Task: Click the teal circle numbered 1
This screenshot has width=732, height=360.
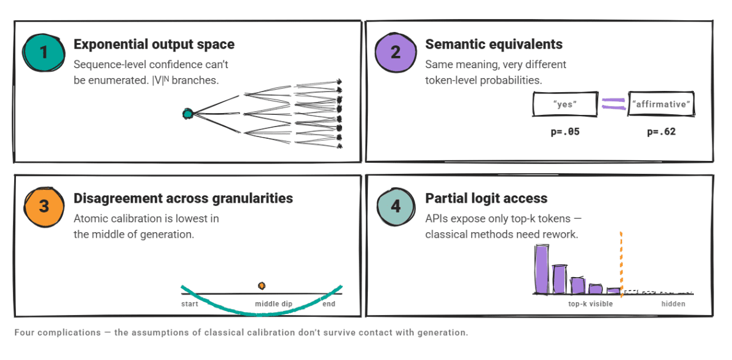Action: (x=44, y=52)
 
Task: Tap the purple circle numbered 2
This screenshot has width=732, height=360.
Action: (x=395, y=52)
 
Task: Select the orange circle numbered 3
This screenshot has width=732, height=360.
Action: (x=44, y=206)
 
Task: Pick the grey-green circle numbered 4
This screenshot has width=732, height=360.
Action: (x=395, y=206)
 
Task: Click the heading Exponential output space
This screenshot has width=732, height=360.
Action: (x=154, y=44)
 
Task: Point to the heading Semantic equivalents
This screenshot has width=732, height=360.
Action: (x=494, y=44)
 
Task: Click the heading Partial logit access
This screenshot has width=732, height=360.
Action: (x=486, y=198)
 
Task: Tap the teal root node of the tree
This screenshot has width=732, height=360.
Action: (x=188, y=113)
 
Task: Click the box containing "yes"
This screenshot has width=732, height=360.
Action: (x=565, y=104)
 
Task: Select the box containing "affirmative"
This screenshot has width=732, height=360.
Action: (x=661, y=104)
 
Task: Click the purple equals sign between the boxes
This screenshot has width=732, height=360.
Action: (x=613, y=104)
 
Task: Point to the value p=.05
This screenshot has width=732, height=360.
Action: (x=565, y=132)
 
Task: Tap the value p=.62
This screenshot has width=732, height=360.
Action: (x=661, y=132)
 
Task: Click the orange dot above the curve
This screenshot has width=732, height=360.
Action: (x=262, y=285)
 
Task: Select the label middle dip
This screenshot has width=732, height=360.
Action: (x=273, y=304)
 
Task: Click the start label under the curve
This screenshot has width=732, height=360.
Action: (x=190, y=304)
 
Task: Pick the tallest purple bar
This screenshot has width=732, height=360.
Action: (x=542, y=270)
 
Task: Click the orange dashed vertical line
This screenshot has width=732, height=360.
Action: (x=621, y=264)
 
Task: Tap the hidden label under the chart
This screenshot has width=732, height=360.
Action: (x=673, y=304)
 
